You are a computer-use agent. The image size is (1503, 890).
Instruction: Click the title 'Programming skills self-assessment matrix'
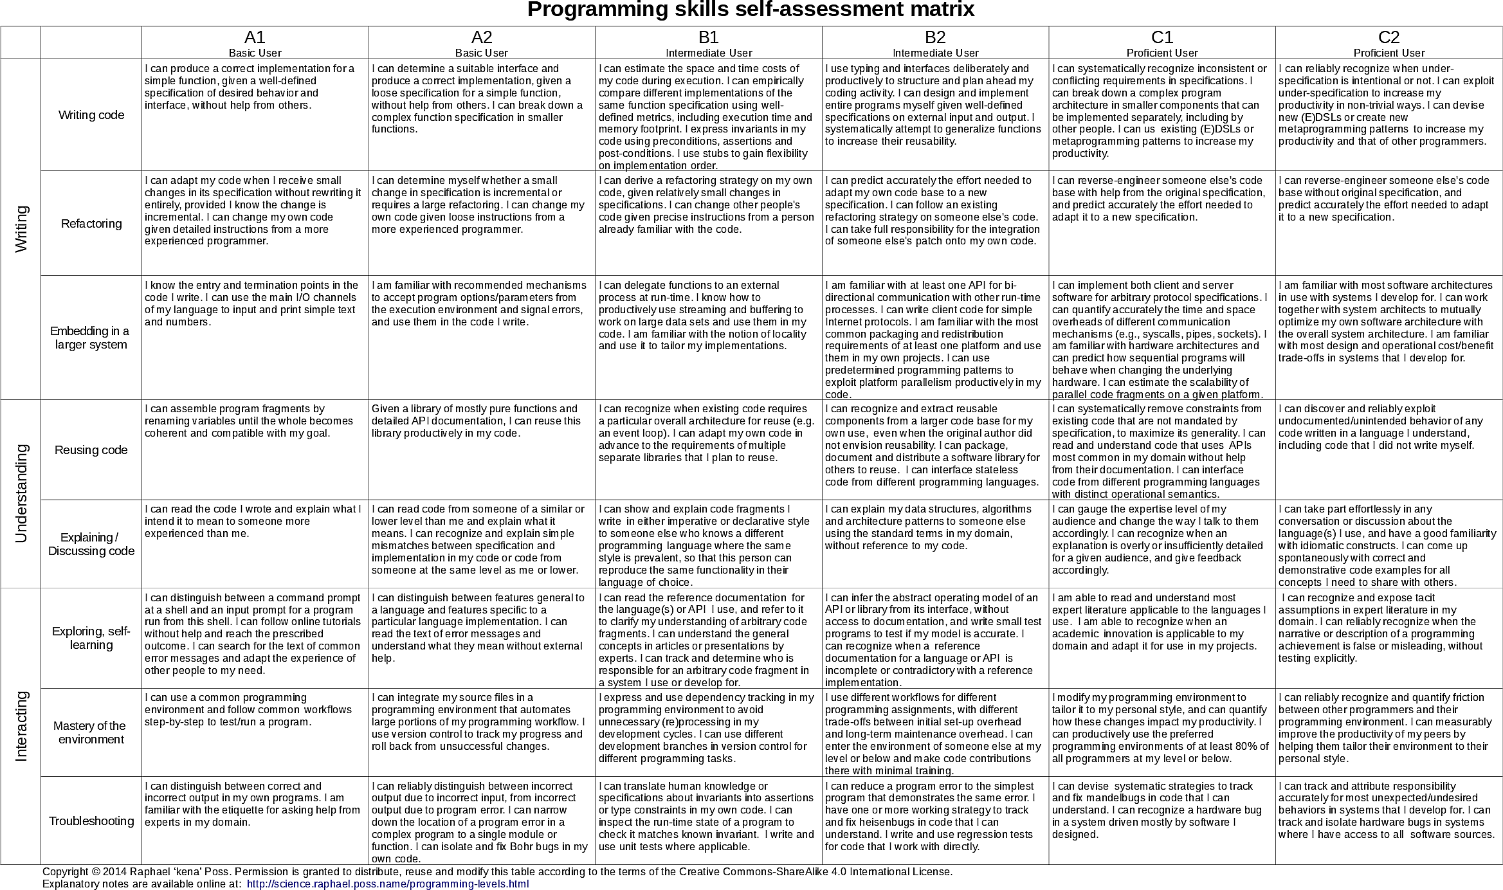tap(751, 10)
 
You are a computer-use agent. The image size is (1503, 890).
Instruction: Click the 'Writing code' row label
tap(91, 115)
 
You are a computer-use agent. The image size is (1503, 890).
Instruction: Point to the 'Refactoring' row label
tap(91, 224)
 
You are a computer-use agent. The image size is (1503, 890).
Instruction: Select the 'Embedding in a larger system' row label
tap(90, 338)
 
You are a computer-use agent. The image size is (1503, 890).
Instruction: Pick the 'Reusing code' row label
tap(91, 450)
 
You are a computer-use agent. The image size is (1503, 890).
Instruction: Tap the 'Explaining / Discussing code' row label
tap(91, 544)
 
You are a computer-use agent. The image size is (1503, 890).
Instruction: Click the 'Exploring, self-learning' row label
tap(91, 638)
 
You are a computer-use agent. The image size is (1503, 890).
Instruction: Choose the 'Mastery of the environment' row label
tap(91, 732)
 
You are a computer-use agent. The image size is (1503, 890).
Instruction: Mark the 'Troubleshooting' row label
tap(91, 821)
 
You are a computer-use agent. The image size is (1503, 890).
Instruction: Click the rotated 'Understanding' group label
tap(21, 493)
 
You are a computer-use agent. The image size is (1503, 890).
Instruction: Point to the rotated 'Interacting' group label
tap(21, 726)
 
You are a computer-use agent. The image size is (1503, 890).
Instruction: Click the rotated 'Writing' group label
tap(21, 229)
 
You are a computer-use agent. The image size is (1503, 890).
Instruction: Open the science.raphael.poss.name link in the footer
tap(387, 884)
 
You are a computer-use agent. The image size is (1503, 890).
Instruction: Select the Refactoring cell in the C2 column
tap(1389, 223)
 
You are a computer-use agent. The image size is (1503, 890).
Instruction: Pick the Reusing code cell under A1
tap(255, 450)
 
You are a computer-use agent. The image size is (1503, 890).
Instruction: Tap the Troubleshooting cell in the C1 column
tap(1161, 820)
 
